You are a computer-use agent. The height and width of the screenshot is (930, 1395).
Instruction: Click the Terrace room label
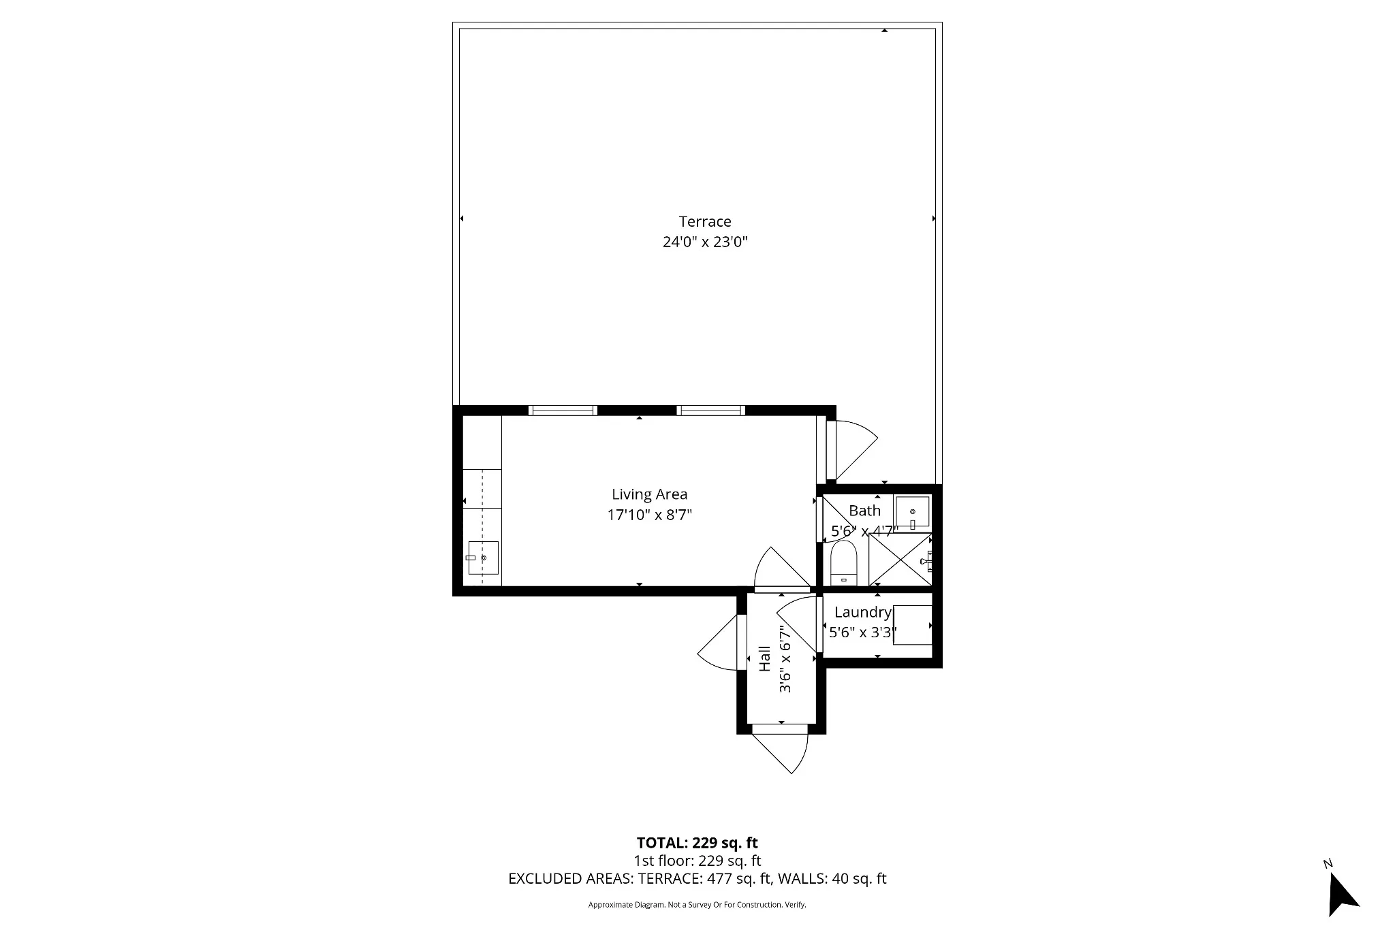pyautogui.click(x=705, y=221)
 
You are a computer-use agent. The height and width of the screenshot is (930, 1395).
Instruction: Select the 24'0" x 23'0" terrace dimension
pyautogui.click(x=705, y=242)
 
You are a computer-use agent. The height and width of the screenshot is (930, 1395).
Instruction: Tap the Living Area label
pyautogui.click(x=649, y=494)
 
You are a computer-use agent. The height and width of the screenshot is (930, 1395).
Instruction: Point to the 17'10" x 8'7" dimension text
pyautogui.click(x=649, y=515)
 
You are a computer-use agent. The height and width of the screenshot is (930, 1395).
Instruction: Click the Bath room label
pyautogui.click(x=864, y=511)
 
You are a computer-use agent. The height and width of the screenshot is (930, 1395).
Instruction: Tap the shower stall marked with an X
pyautogui.click(x=899, y=560)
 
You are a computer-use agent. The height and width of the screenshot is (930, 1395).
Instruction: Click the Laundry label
pyautogui.click(x=862, y=612)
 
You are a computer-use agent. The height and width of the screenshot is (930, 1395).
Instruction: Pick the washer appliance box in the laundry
pyautogui.click(x=913, y=624)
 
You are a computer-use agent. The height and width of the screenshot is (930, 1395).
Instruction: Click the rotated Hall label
pyautogui.click(x=765, y=658)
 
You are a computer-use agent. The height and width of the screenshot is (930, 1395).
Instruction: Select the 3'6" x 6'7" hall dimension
pyautogui.click(x=785, y=658)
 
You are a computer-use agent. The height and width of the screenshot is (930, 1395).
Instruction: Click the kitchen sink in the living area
pyautogui.click(x=483, y=558)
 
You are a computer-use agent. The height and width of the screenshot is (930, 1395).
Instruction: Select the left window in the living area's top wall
pyautogui.click(x=563, y=410)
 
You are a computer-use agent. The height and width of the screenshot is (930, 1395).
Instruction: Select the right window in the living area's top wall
pyautogui.click(x=710, y=410)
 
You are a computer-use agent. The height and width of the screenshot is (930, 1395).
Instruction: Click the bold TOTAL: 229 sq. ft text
pyautogui.click(x=697, y=843)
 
